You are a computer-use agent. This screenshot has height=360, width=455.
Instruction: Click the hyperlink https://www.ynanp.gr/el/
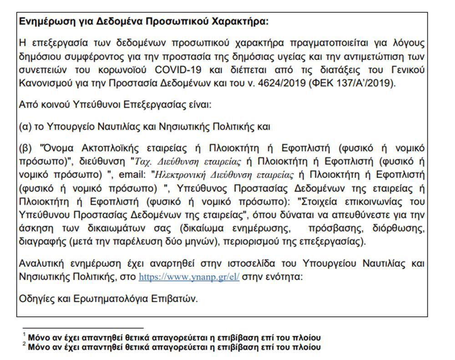pyautogui.click(x=189, y=276)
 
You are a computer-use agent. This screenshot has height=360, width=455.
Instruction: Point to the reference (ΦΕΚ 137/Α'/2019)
pyautogui.click(x=350, y=84)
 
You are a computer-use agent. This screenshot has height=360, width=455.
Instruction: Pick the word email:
pyautogui.click(x=132, y=174)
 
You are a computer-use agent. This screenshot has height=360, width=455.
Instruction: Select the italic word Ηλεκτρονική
pyautogui.click(x=179, y=174)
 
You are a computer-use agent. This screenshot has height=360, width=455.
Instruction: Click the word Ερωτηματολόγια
pyautogui.click(x=103, y=299)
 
